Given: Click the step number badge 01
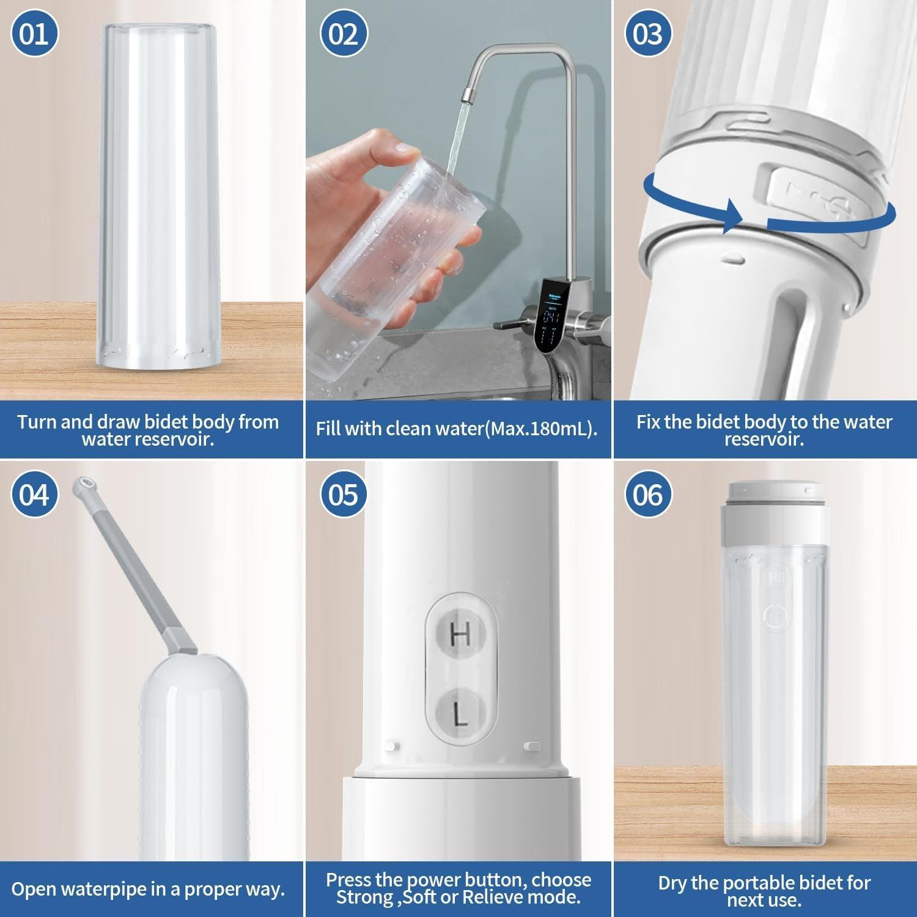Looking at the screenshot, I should click(x=35, y=34).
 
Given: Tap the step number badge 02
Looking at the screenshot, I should click(x=344, y=34).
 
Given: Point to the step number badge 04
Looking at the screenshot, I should click(x=35, y=494).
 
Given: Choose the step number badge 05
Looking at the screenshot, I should click(x=344, y=494).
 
